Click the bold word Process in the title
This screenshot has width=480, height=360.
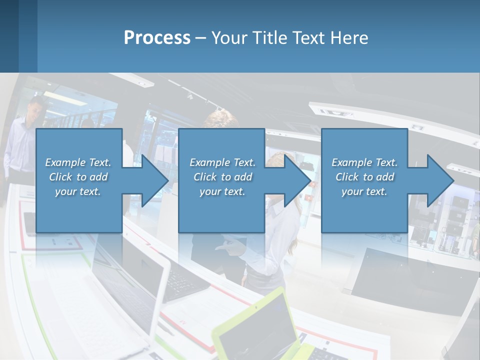157,37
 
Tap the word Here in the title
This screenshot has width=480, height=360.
348,37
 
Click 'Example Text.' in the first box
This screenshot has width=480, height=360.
78,162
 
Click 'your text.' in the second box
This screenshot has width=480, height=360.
222,191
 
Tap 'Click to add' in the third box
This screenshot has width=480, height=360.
364,177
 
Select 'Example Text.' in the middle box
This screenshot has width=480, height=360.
222,162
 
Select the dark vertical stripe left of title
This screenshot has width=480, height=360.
27,36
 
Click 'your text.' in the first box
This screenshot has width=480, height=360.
78,191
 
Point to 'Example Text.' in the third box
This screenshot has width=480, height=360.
364,162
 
